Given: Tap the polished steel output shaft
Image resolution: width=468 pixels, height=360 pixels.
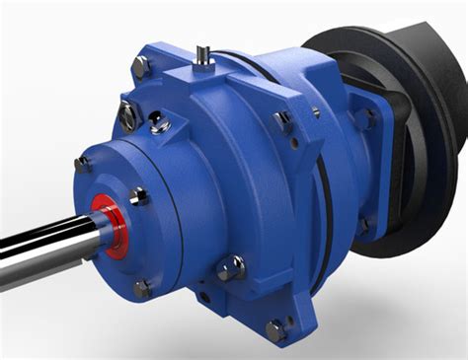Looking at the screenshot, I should tap(44, 242).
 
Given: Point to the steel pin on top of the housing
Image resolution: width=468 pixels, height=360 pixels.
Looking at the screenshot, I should tap(203, 54).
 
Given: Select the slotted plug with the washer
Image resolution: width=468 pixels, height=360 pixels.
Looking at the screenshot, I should tap(127, 116).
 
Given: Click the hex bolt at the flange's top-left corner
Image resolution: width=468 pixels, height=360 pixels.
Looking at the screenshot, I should tap(140, 67).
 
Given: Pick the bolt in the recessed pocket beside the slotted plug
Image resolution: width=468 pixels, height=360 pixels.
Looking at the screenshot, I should tap(159, 124).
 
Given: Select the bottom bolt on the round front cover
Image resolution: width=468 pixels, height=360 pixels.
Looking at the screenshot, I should tap(142, 288).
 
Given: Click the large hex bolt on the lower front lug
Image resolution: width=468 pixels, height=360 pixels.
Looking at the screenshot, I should tap(233, 267).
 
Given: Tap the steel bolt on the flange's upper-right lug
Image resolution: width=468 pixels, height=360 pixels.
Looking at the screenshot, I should tap(283, 121).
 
